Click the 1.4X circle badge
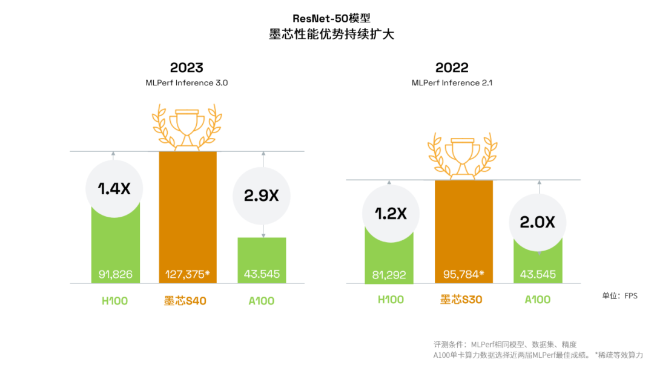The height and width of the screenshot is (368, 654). pos(115,188)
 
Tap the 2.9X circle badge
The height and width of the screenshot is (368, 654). pos(262,195)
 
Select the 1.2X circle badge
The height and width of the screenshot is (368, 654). pos(391,214)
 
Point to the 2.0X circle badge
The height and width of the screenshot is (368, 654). pos(537,222)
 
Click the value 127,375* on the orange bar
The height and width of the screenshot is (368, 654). pos(188,274)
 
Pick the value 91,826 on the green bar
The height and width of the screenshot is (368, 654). pos(116,274)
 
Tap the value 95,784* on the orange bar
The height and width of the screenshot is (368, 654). pos(464,274)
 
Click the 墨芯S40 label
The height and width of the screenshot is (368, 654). pos(185,301)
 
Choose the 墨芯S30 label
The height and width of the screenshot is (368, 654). pos(461,300)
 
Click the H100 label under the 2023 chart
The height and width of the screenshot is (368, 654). pos(114,301)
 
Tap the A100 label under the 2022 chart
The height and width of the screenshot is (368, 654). pos(537,300)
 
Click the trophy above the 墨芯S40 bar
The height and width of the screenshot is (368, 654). pos(186,126)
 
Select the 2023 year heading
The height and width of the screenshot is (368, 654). pos(187,68)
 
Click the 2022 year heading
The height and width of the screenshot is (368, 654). pos(452,68)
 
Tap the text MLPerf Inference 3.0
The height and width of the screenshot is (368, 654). pos(187,83)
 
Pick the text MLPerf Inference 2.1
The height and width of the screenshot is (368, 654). pos(452,83)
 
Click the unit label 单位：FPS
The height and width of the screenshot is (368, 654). pos(619,296)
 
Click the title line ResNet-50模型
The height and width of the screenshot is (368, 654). pos(331,19)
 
